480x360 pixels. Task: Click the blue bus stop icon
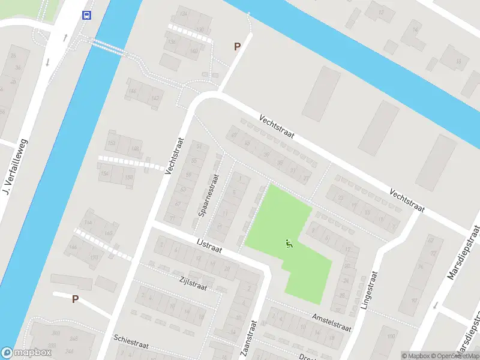(x=87, y=15)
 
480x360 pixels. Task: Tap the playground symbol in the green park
(x=289, y=244)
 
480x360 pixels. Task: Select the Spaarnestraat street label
(x=209, y=196)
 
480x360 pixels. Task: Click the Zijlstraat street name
(x=193, y=283)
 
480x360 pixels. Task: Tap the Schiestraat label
(x=134, y=343)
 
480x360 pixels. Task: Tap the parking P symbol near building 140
(x=237, y=46)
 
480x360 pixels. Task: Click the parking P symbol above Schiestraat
(x=75, y=299)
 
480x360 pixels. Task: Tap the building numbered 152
(x=112, y=142)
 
